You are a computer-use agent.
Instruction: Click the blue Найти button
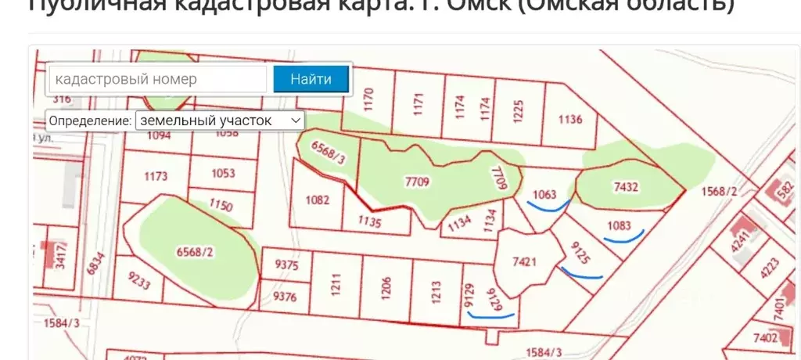click(311, 79)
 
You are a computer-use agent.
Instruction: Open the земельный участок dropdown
click(220, 121)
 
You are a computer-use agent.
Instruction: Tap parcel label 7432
click(627, 187)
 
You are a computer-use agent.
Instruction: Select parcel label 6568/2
click(195, 251)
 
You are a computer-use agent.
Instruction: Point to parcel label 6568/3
click(329, 153)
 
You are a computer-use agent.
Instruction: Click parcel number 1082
click(317, 200)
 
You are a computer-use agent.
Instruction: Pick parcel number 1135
click(369, 222)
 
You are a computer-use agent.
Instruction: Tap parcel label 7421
click(524, 261)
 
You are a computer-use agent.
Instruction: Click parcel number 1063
click(544, 194)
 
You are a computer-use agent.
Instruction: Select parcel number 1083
click(619, 225)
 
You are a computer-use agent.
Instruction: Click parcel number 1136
click(571, 120)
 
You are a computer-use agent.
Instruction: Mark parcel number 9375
click(286, 265)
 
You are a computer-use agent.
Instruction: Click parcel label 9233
click(138, 282)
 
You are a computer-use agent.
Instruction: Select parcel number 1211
click(336, 286)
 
